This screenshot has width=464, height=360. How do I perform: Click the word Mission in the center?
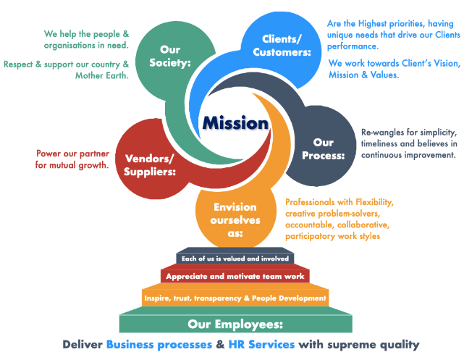(235, 123)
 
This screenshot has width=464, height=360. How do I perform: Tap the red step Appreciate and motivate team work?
(236, 277)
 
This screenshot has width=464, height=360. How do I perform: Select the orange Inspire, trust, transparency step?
(235, 298)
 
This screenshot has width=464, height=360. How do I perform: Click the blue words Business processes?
(159, 345)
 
